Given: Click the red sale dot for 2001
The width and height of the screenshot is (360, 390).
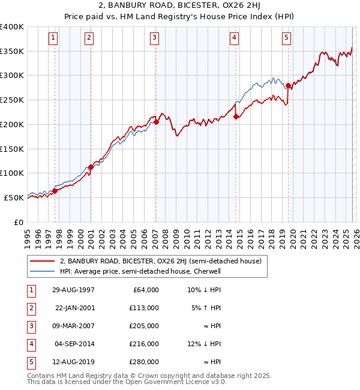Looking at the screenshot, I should click(x=91, y=167).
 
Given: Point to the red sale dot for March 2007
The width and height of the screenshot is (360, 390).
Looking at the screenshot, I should click(x=156, y=122).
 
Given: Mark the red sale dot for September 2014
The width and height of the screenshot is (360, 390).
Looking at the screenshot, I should click(x=236, y=117).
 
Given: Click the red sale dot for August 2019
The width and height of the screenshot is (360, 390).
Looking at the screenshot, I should click(x=289, y=85).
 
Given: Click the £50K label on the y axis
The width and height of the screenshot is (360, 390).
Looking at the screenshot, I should click(x=14, y=197).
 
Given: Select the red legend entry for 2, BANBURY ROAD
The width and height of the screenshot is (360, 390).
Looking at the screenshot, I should click(x=160, y=261).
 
